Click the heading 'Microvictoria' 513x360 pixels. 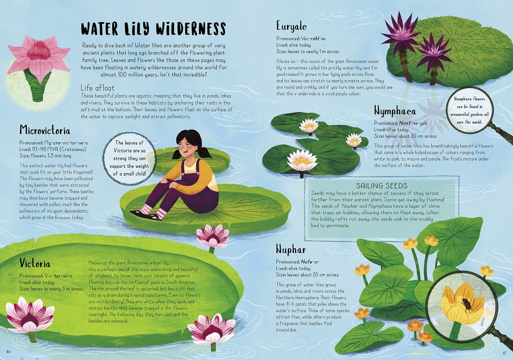[x=45, y=130]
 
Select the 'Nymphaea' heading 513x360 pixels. [x=395, y=111]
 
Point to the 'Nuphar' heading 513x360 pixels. [x=291, y=249]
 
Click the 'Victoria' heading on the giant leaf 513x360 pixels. [x=35, y=263]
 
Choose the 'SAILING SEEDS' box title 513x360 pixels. [x=382, y=186]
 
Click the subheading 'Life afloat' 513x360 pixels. [x=97, y=88]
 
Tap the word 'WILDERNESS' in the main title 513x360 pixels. [x=190, y=29]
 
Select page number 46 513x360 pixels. [x=9, y=352]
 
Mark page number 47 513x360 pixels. [x=504, y=353]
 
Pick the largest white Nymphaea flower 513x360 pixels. [x=301, y=160]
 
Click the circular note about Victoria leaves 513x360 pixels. [x=129, y=158]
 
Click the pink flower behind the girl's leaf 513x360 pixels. [x=213, y=236]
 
